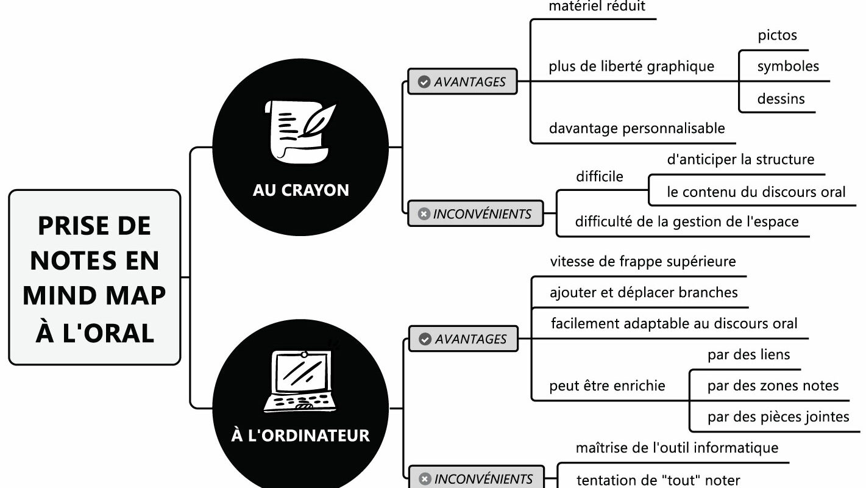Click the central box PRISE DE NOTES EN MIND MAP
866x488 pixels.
tap(94, 278)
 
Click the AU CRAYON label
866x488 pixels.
tap(301, 190)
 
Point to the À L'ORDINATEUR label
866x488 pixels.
tap(301, 436)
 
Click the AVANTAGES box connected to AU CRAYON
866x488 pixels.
tap(463, 82)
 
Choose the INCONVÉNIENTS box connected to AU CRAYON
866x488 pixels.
tap(475, 214)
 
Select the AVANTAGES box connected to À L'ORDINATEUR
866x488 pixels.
tap(463, 339)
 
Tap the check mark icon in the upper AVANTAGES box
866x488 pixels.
tap(424, 82)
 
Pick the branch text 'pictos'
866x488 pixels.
tap(777, 35)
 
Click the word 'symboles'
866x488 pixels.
tap(788, 66)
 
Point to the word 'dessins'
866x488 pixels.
tap(781, 98)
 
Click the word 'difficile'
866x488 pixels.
tap(600, 177)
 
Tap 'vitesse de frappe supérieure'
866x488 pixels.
tap(643, 262)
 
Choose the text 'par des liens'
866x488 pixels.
tap(748, 354)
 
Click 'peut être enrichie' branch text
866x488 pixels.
tap(607, 386)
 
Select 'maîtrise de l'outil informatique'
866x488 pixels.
tap(676, 448)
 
